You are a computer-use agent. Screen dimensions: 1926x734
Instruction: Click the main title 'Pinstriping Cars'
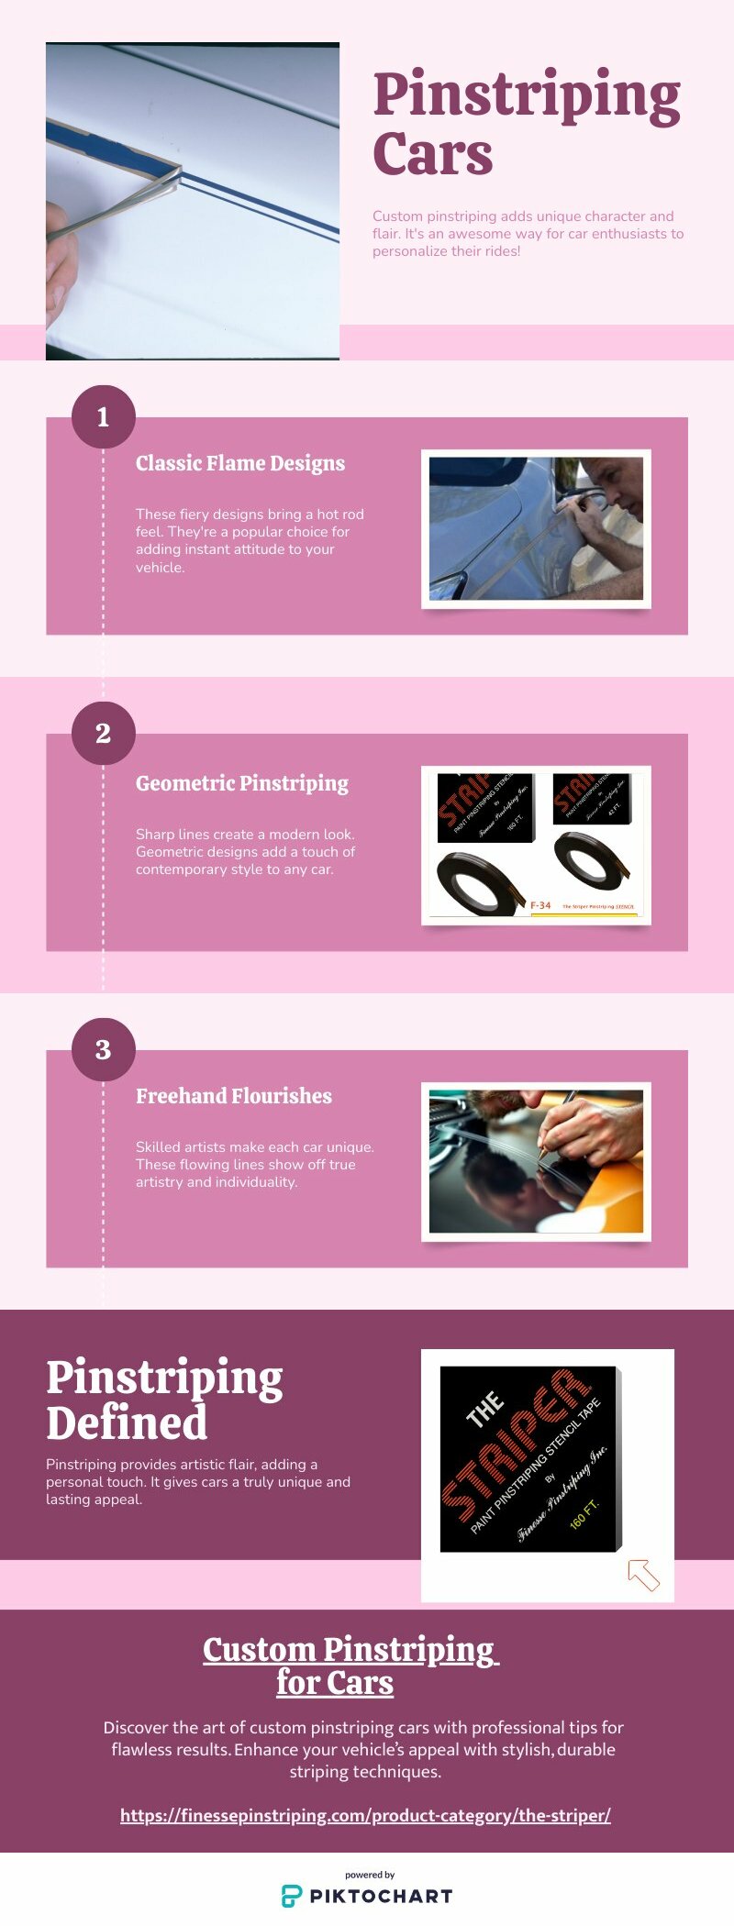point(526,123)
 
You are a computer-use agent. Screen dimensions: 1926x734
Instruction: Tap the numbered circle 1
point(104,417)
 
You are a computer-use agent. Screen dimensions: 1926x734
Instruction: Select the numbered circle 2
point(104,734)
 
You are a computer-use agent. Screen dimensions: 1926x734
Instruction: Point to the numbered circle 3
point(104,1049)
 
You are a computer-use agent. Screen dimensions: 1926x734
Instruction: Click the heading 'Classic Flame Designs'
point(240,463)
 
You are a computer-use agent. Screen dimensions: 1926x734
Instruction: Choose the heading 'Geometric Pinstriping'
point(242,783)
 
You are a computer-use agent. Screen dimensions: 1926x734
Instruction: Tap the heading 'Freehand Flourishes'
point(234,1096)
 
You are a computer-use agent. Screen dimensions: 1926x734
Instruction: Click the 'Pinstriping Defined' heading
point(164,1400)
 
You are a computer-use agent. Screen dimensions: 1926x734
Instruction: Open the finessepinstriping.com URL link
point(365,1815)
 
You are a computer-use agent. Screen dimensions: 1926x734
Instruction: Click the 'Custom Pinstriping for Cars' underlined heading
point(350,1666)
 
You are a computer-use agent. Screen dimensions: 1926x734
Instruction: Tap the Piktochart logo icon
point(291,1897)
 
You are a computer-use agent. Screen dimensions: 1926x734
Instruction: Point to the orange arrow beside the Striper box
point(643,1575)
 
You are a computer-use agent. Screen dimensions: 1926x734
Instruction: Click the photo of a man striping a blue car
point(536,528)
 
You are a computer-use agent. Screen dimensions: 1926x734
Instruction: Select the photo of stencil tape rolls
point(536,845)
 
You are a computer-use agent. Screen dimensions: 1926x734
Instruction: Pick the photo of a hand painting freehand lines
point(536,1161)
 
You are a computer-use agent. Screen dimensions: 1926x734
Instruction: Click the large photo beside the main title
point(193,201)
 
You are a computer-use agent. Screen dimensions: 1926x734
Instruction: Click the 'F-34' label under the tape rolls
point(540,905)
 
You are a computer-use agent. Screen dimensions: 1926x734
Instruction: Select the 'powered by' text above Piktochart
point(370,1875)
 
